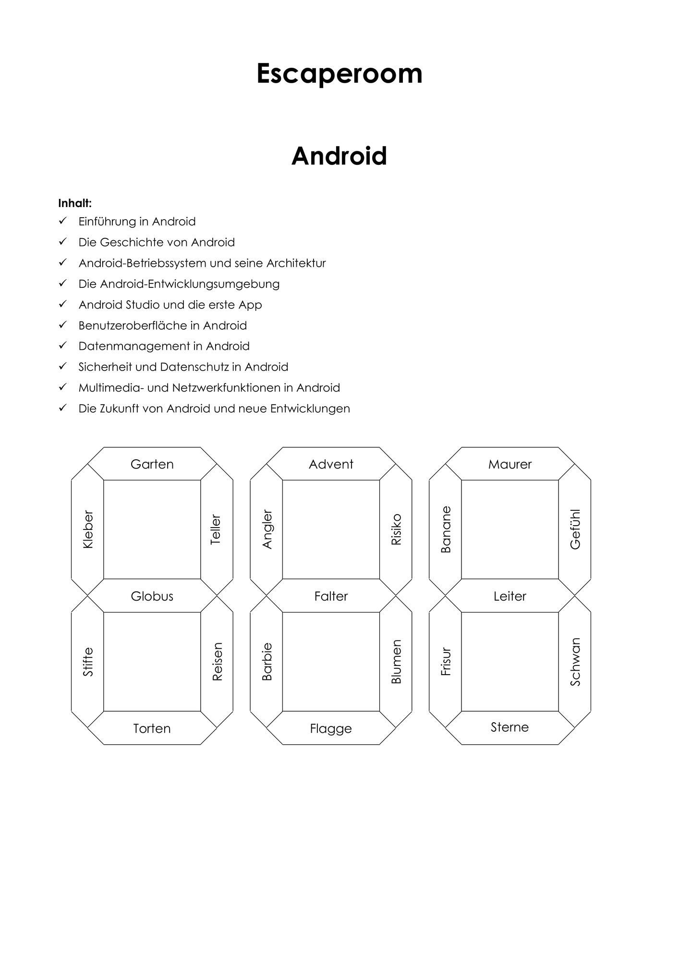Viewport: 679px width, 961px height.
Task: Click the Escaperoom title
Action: [x=339, y=74]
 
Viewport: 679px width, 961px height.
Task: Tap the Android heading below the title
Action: [x=339, y=156]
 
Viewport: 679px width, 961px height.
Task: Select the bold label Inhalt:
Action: [x=75, y=203]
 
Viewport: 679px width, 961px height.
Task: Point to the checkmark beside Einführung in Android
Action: [x=62, y=221]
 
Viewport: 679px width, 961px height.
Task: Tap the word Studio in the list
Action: [x=143, y=305]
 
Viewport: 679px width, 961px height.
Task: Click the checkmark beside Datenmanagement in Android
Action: [x=62, y=345]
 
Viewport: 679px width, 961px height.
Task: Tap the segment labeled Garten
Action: [x=152, y=464]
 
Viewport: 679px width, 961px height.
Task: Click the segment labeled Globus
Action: [x=152, y=596]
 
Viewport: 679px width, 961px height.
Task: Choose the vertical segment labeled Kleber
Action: [x=88, y=530]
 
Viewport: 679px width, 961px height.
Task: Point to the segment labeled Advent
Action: [x=331, y=464]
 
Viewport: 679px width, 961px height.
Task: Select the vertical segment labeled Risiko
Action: [x=396, y=530]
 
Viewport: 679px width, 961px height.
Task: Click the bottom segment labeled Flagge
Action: [x=331, y=728]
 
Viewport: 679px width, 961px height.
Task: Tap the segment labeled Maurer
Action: [x=510, y=464]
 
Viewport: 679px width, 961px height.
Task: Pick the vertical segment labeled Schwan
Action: [x=575, y=662]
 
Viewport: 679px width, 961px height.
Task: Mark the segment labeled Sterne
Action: [x=510, y=728]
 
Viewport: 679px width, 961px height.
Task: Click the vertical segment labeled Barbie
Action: [x=267, y=662]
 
